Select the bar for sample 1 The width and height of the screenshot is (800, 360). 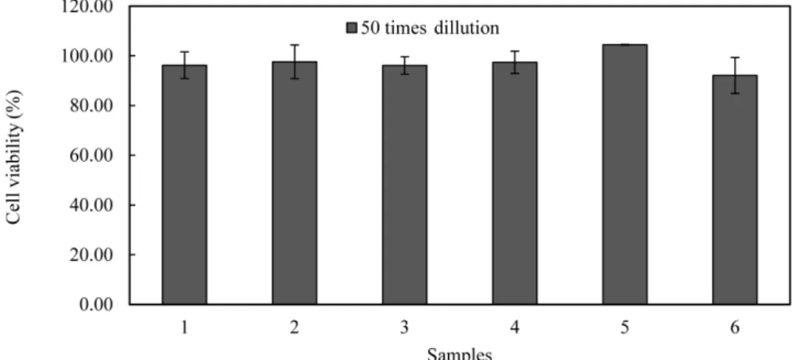pos(184,184)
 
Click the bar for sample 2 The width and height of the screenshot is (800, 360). pos(295,183)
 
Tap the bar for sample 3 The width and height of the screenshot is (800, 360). pos(405,184)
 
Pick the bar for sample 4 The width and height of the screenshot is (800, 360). pos(514,183)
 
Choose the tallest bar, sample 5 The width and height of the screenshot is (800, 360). pos(624,174)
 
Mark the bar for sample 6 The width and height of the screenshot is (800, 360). pos(735,190)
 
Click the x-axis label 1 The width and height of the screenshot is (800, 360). pos(184,328)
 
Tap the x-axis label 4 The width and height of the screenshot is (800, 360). pos(514,328)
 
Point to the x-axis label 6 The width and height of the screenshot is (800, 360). pos(735,328)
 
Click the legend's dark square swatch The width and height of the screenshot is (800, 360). pos(352,29)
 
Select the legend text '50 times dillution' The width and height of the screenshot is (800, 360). pos(430,28)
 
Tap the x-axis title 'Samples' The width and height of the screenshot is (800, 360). pos(460,354)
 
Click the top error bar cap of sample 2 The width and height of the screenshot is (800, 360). pos(295,45)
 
